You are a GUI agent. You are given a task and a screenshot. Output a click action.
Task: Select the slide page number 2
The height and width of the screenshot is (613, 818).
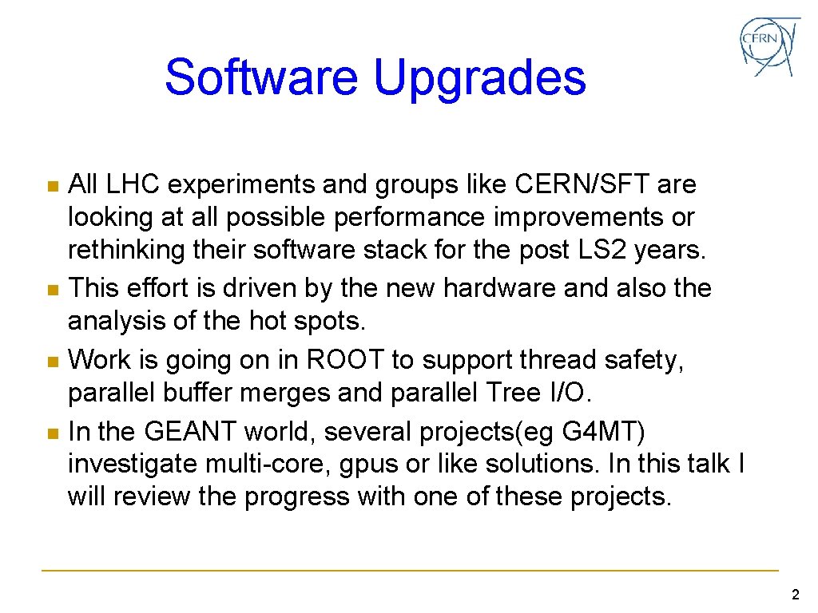coord(794,594)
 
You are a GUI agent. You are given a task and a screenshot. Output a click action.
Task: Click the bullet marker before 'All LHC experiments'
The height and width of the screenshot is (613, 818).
coord(52,186)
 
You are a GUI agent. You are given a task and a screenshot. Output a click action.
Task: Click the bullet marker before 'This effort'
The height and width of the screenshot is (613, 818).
coord(52,289)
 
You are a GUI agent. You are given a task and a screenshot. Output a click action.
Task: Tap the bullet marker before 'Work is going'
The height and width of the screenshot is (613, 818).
coord(52,362)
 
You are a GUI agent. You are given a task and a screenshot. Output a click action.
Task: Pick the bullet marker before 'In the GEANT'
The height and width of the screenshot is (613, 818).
coord(52,433)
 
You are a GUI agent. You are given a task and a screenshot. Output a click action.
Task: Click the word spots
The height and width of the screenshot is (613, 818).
coord(330,321)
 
